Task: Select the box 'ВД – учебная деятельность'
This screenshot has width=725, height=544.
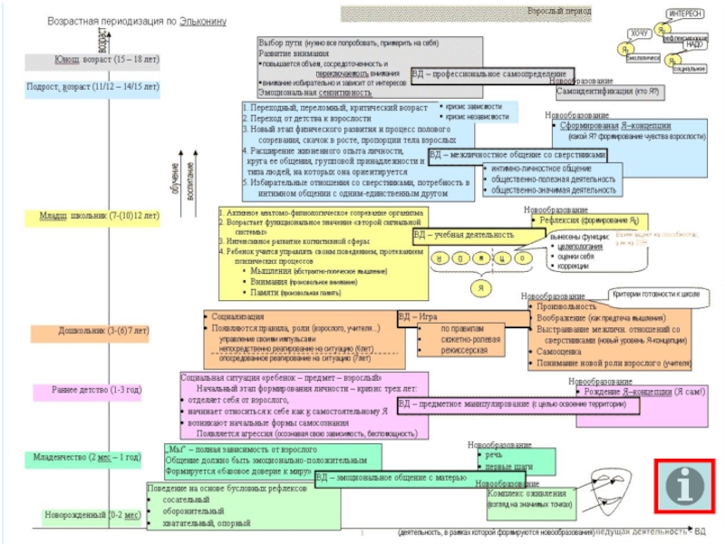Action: point(463,235)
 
